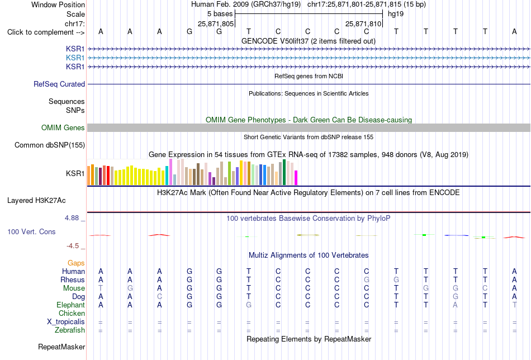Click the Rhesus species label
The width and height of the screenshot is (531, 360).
point(73,280)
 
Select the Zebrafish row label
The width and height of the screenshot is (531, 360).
point(70,330)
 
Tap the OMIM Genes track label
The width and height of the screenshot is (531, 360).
point(63,127)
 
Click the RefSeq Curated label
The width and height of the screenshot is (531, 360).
point(59,84)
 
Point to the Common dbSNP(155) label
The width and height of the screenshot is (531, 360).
point(50,145)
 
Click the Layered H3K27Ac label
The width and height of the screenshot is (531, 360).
point(36,201)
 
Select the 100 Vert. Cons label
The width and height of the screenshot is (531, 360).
point(31,231)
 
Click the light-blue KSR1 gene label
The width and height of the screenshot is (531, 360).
point(75,58)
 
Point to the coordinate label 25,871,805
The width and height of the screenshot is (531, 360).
point(216,23)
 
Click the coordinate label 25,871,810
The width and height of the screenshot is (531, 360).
point(363,23)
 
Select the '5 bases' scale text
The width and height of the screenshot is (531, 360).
point(220,14)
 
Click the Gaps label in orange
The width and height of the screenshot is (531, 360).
point(76,263)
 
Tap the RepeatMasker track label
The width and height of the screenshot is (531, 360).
point(61,347)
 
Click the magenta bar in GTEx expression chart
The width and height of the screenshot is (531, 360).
point(296,178)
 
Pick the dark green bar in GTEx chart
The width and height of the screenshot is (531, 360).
point(284,172)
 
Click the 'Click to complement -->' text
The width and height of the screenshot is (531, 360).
point(46,32)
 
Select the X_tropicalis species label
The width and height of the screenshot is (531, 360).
point(66,322)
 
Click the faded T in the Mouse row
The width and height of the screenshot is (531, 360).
point(101,288)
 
